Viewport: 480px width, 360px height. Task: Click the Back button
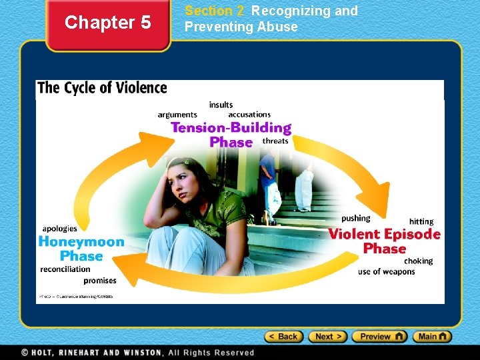[284, 337]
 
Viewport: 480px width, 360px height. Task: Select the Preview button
[379, 337]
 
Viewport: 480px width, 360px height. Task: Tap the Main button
[432, 337]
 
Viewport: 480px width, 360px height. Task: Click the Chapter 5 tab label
[108, 23]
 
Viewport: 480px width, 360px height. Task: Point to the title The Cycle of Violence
[102, 88]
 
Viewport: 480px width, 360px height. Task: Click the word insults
[221, 105]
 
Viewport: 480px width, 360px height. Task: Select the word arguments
[177, 115]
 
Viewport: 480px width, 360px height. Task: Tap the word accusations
[249, 115]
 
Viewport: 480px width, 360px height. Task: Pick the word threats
[275, 141]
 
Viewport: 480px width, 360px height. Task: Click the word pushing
[355, 218]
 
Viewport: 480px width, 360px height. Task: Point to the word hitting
[421, 221]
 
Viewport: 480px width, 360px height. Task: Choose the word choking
[418, 261]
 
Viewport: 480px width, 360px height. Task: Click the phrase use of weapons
[386, 271]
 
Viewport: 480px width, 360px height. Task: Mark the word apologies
[60, 229]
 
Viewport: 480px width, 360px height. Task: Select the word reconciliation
[65, 269]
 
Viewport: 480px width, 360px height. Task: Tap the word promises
[100, 281]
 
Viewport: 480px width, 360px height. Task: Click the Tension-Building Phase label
[231, 135]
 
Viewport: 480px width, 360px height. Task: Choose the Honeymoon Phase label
[81, 249]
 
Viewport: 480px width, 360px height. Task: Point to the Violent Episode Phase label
[384, 241]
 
